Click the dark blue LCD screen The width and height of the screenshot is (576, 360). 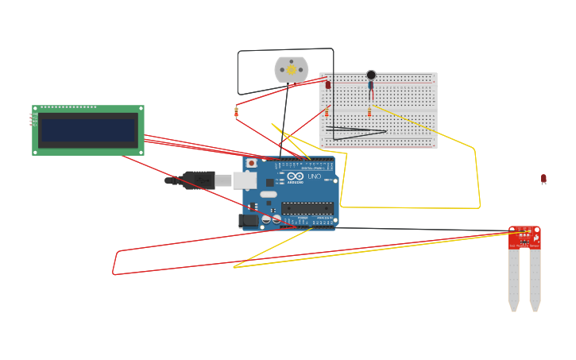point(88,130)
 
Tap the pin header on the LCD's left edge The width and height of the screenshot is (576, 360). point(33,119)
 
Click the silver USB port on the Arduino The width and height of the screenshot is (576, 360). point(245,180)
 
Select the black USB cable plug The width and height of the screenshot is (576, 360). point(199,180)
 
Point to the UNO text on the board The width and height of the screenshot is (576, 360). point(314,176)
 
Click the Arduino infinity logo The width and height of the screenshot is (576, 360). point(296,176)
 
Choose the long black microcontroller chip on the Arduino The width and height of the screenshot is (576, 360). point(307,208)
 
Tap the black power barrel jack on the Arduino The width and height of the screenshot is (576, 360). point(249,221)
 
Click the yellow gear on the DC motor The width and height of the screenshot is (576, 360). point(292,70)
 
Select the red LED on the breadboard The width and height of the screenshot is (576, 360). point(327,84)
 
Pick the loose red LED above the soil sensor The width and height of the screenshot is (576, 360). point(543,179)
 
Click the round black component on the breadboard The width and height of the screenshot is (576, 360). point(371,75)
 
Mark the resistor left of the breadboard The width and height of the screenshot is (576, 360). point(236,112)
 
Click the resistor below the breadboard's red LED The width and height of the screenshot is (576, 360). point(327,112)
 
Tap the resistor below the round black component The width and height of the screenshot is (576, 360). point(369,112)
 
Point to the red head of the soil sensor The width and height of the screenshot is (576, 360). point(524,238)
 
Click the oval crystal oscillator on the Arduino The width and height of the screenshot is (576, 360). point(268,195)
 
